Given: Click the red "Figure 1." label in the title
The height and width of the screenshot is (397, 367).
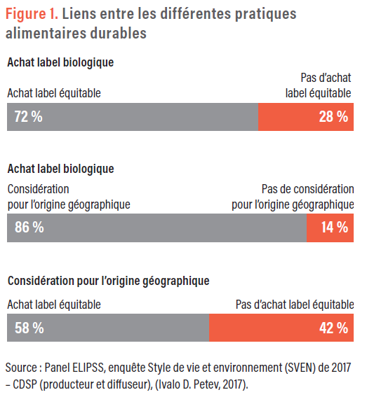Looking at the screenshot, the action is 32,14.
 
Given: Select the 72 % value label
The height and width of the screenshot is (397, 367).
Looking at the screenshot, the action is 29,117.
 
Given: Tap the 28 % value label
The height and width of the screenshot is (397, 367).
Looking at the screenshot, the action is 333,117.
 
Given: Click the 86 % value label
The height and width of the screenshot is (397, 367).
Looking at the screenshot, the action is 29,227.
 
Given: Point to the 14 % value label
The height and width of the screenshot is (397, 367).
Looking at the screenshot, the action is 335,227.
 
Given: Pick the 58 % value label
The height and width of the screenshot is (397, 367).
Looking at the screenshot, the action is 29,328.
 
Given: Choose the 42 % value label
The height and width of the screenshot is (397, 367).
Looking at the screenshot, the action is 333,328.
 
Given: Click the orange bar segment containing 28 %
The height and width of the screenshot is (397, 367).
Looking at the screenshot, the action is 306,117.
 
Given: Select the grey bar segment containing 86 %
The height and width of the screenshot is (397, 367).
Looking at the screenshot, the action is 157,228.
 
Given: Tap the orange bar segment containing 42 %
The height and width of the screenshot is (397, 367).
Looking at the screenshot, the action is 281,328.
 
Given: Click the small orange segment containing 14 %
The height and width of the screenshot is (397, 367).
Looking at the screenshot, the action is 330,228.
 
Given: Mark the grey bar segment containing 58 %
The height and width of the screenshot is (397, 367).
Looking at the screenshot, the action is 108,328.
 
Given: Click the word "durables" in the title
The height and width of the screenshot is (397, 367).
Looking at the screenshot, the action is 119,34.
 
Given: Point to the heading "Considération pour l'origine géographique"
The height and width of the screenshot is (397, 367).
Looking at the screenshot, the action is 109,281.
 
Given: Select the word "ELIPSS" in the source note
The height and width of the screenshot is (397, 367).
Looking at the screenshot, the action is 88,368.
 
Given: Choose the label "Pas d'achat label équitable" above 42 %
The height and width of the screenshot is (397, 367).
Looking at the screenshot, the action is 295,305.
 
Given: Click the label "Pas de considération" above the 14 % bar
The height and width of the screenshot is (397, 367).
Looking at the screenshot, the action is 307,189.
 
